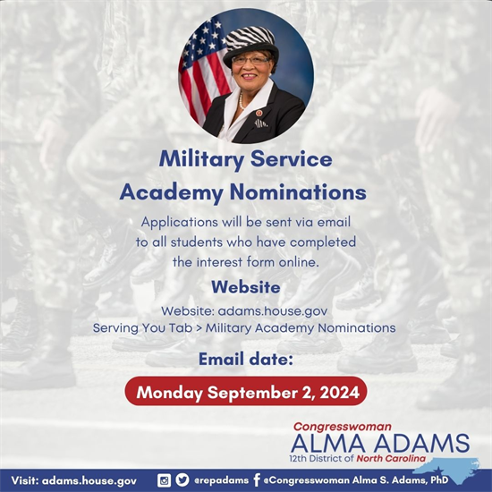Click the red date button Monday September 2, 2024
click(x=245, y=393)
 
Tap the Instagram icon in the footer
click(x=164, y=480)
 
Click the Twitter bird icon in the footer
click(x=182, y=480)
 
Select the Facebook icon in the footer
click(x=256, y=480)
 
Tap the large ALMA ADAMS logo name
click(x=379, y=444)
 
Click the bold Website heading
click(x=245, y=288)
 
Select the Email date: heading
click(x=245, y=361)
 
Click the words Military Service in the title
click(x=245, y=159)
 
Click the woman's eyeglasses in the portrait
click(x=250, y=61)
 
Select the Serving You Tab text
click(x=144, y=327)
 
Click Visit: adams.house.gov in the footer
click(x=75, y=480)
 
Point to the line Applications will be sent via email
click(x=245, y=221)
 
